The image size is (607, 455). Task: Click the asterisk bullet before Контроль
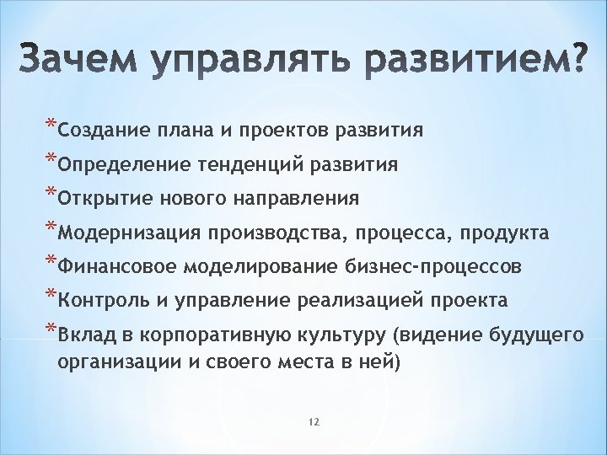51,297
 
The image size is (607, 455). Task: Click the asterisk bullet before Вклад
51,330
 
